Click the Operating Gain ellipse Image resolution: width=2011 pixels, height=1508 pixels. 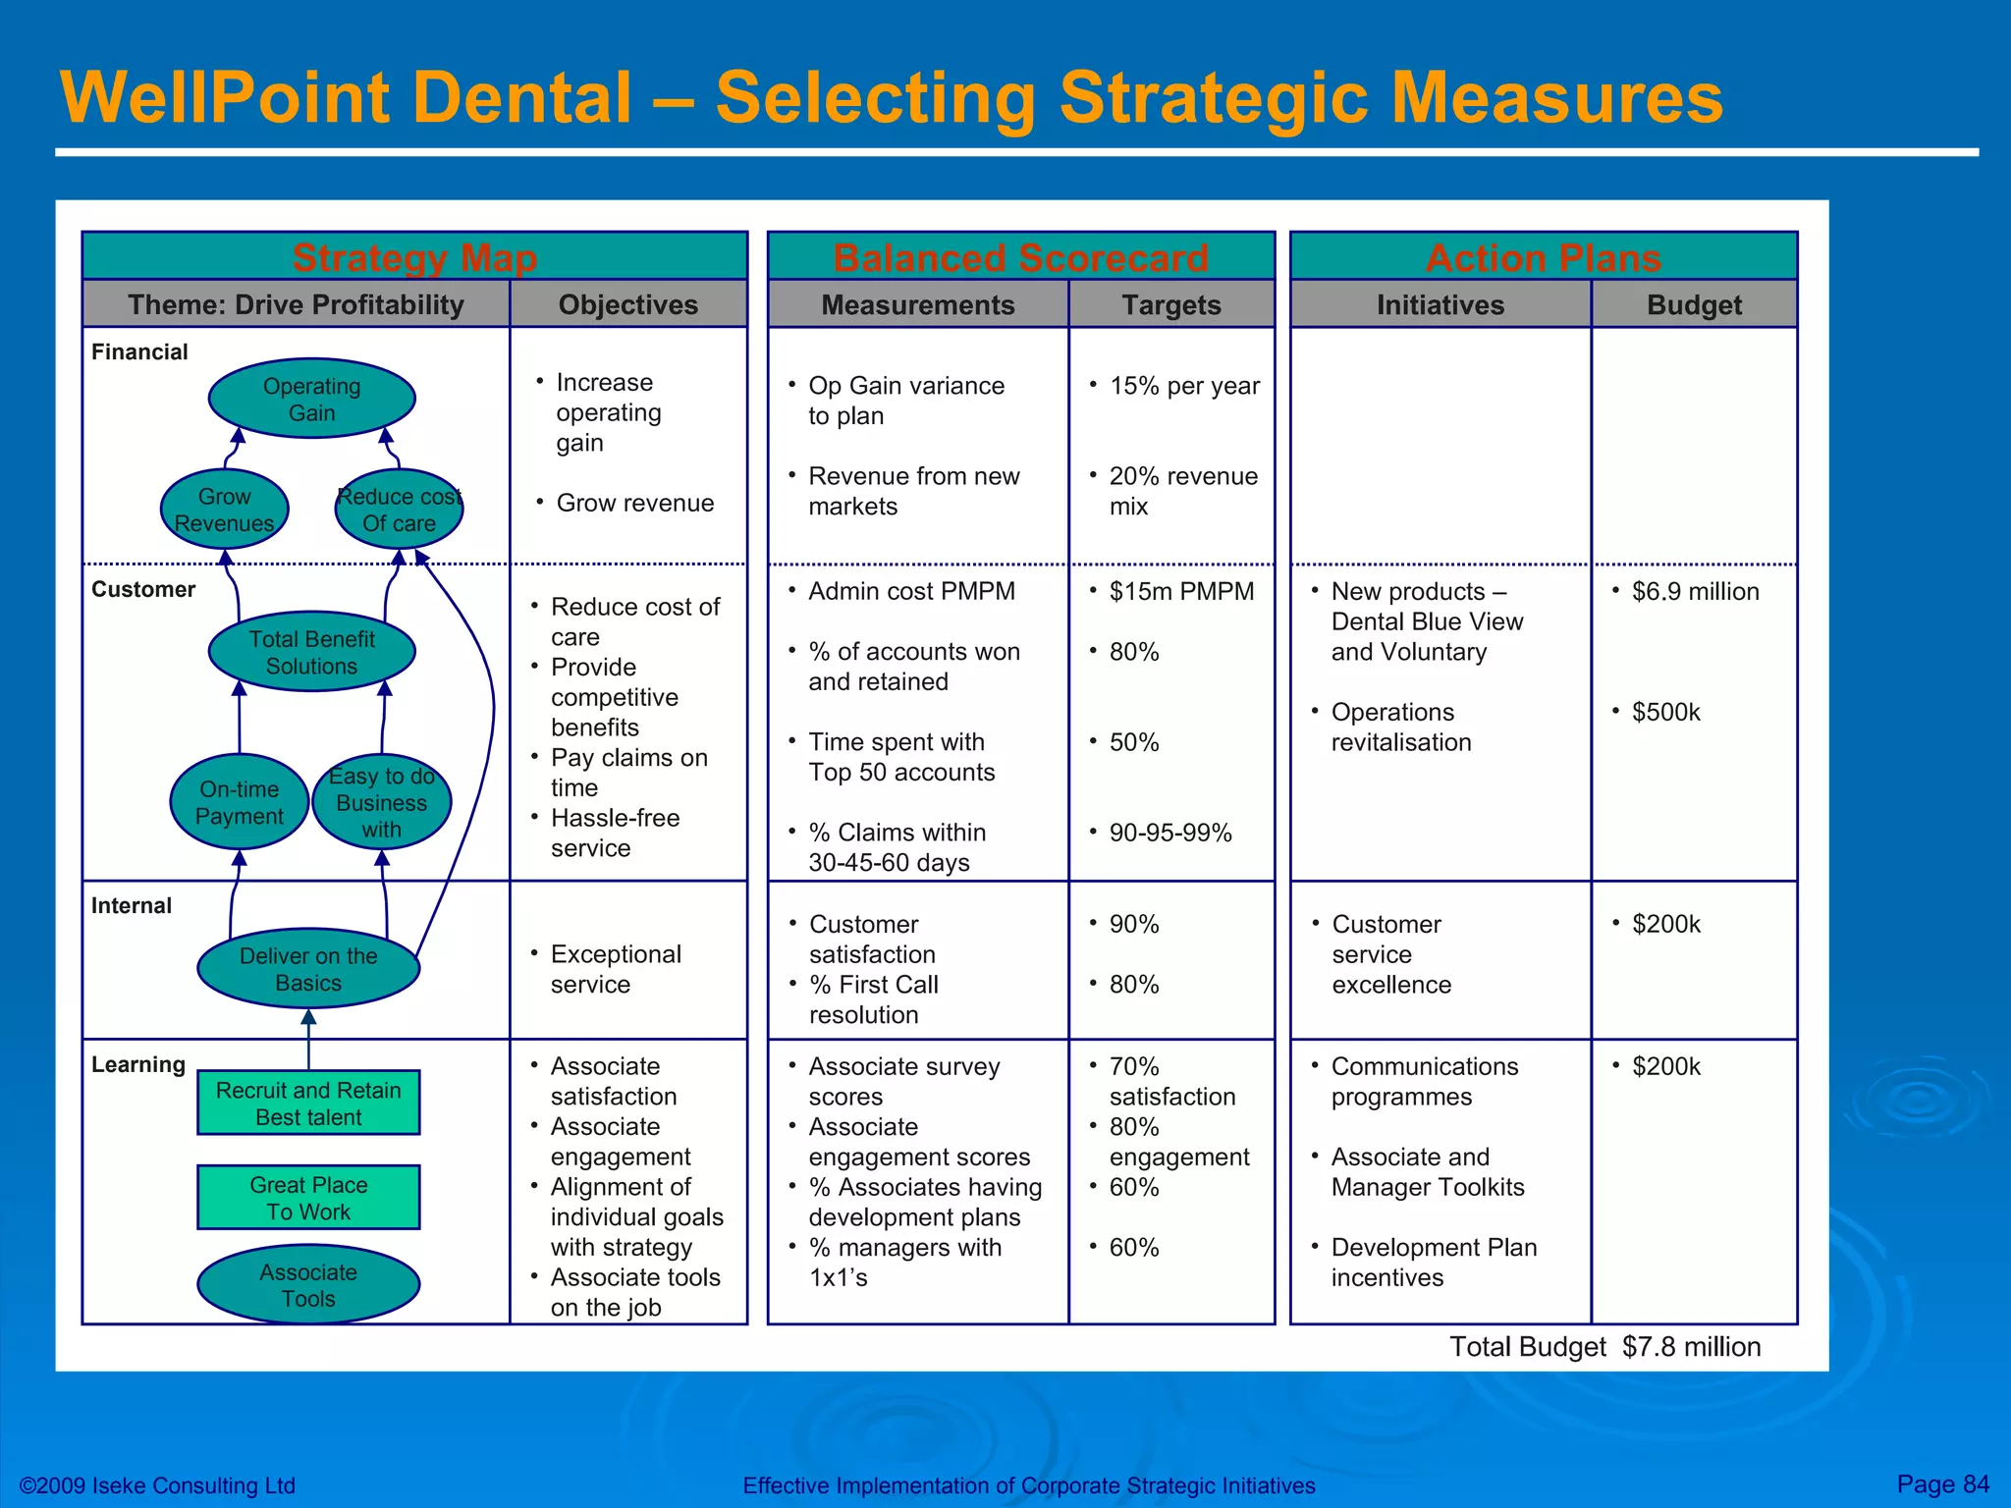coord(311,399)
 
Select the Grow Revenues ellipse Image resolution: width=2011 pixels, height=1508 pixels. coord(224,510)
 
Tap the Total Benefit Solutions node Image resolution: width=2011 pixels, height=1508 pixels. coord(311,652)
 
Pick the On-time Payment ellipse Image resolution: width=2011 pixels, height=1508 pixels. coord(239,802)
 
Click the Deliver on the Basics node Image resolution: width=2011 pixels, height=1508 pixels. coord(308,969)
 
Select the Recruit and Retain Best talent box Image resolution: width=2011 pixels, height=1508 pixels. coord(308,1104)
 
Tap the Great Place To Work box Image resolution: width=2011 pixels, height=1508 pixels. coord(308,1198)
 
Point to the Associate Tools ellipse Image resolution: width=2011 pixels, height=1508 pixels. coord(308,1285)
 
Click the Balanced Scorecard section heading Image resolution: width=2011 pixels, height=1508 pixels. coord(1020,257)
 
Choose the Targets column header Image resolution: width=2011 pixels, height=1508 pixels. coord(1170,305)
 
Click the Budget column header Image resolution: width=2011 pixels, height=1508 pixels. coord(1694,305)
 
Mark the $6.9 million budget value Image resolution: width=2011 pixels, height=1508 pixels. coord(1695,591)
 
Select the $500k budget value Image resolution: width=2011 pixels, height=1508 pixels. coord(1665,712)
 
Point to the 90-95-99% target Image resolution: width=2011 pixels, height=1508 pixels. coord(1169,833)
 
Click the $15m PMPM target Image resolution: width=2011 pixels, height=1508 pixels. coord(1181,591)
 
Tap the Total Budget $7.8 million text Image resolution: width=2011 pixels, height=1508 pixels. coord(1604,1347)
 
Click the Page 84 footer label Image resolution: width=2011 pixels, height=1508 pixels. coord(1942,1483)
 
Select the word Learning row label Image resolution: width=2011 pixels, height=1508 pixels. coord(138,1064)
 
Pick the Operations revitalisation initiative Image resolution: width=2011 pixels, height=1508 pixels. coord(1400,727)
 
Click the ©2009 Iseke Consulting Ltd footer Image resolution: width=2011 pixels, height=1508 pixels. coord(157,1485)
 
